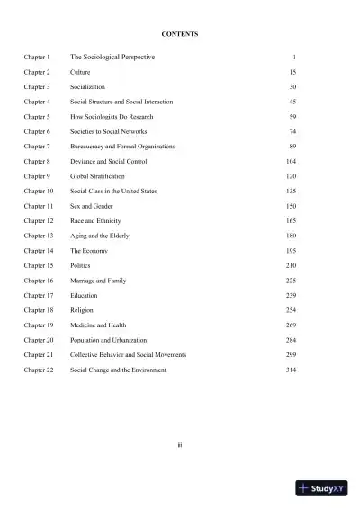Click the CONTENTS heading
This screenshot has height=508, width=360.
click(x=180, y=34)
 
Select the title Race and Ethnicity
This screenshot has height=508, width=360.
click(x=95, y=220)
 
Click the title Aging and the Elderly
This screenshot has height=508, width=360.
click(x=100, y=236)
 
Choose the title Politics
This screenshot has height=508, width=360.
click(x=80, y=265)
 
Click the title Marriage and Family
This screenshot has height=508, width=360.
click(x=98, y=280)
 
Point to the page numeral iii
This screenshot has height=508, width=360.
click(x=180, y=442)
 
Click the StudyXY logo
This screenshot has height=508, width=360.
click(x=321, y=489)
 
